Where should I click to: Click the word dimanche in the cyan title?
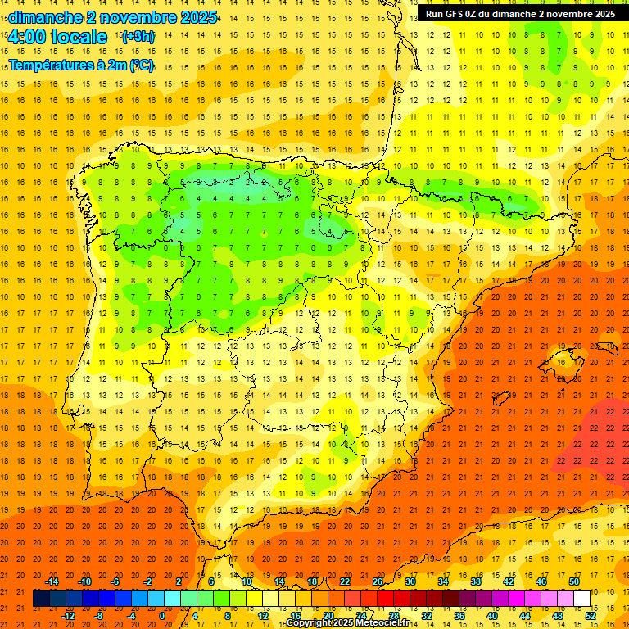pos(44,17)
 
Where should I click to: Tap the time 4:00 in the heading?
pos(27,37)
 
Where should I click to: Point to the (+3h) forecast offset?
pos(137,37)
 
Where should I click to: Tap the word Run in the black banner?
pos(435,14)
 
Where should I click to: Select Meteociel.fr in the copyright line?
pos(380,623)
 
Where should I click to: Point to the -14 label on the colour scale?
pos(52,581)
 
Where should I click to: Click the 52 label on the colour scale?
pos(591,616)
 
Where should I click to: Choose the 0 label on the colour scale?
pos(163,616)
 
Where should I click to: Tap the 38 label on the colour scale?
pos(476,581)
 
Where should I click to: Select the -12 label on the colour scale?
pos(68,616)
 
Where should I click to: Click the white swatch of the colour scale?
pos(581,599)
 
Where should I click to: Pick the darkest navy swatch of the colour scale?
pos(41,599)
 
